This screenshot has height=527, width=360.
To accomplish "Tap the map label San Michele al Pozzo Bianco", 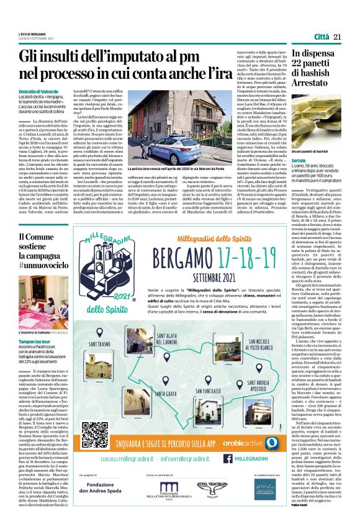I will tap(259, 345).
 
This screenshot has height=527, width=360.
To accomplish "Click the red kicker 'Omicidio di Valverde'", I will tap(39, 92).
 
